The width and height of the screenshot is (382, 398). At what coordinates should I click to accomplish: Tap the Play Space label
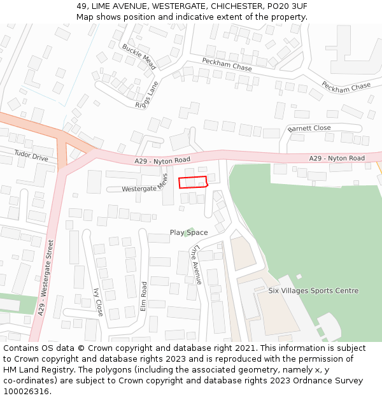[x=188, y=232]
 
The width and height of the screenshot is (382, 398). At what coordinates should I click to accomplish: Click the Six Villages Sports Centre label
[x=313, y=290]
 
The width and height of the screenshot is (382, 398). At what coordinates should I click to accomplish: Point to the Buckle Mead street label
[x=139, y=57]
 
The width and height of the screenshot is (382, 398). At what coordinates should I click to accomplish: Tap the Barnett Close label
[x=309, y=128]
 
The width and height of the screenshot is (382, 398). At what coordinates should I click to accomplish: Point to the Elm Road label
[x=144, y=296]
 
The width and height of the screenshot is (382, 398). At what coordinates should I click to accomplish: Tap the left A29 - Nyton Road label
[x=162, y=160]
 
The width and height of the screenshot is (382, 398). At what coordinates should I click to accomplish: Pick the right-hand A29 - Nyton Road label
[x=337, y=158]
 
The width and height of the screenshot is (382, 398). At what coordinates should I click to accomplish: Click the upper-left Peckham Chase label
[x=227, y=64]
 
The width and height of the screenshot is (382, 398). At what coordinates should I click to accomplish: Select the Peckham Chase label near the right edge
[x=346, y=86]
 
